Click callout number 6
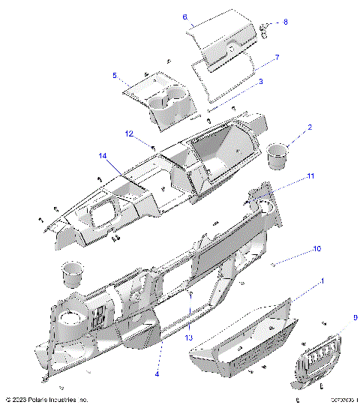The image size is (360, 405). (x=184, y=16)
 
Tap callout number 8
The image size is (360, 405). (x=284, y=22)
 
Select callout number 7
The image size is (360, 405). (x=277, y=57)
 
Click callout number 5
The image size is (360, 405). (x=114, y=76)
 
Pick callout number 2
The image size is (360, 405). (x=309, y=127)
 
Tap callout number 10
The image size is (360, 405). (x=317, y=247)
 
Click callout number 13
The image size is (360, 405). (x=189, y=337)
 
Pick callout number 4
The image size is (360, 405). (x=157, y=373)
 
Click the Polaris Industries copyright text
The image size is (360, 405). (x=47, y=399)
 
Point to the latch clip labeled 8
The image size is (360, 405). (x=265, y=28)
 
